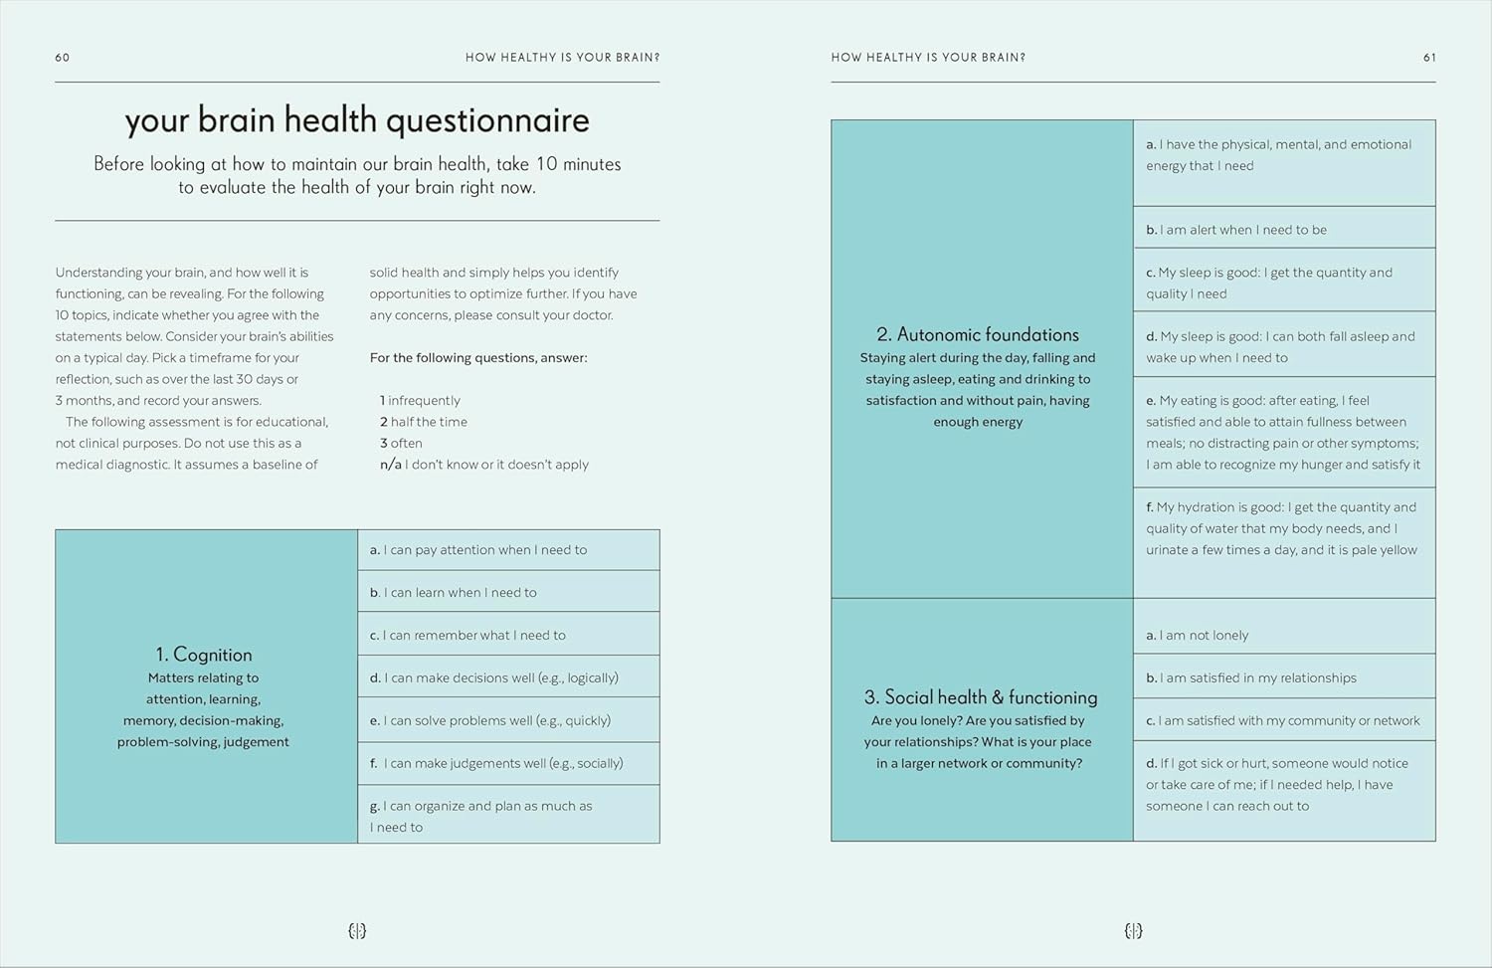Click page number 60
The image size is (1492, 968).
[63, 58]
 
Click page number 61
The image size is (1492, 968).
[1429, 58]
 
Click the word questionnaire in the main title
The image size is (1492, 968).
[487, 121]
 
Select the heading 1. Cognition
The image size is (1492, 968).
[204, 655]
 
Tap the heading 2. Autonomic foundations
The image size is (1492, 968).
[978, 334]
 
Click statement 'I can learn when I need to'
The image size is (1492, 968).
[454, 592]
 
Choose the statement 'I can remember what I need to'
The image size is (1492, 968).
[467, 635]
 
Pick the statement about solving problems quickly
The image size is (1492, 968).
[490, 720]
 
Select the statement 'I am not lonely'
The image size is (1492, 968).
[1197, 635]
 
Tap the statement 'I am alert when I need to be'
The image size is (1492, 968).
[1236, 230]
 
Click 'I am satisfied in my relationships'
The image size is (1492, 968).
[1251, 678]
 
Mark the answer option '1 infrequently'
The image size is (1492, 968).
[420, 400]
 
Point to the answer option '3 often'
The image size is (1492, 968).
[401, 443]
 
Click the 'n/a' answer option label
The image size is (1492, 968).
[390, 465]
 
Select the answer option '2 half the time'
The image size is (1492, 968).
[424, 422]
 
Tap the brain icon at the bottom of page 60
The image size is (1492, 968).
[358, 931]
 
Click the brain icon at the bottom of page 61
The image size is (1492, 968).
[1133, 931]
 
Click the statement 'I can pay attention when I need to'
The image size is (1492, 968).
[478, 549]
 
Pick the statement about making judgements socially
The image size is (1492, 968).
[496, 763]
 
